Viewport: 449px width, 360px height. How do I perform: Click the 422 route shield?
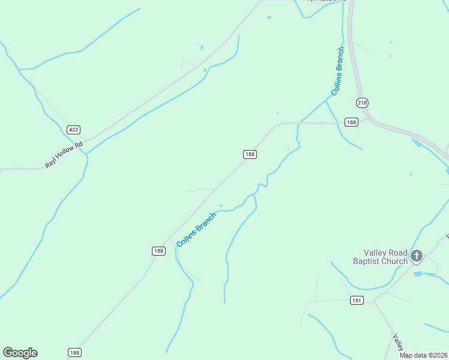73,130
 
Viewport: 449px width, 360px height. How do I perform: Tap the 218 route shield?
362,103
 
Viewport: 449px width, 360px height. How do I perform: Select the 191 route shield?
357,300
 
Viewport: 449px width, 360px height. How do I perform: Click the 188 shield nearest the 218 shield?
351,122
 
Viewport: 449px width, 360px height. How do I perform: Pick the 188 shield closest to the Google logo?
74,352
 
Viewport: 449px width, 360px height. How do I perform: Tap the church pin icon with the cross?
417,256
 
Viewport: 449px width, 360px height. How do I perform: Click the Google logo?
20,353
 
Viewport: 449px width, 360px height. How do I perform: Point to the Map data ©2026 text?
423,355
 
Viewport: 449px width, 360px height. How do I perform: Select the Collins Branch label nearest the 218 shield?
337,71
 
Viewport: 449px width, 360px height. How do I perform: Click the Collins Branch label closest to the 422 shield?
196,229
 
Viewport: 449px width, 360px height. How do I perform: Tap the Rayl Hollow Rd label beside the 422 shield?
62,155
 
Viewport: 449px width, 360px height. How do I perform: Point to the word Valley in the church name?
376,253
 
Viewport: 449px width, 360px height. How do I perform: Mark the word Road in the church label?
399,253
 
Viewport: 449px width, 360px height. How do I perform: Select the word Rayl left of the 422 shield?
50,163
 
